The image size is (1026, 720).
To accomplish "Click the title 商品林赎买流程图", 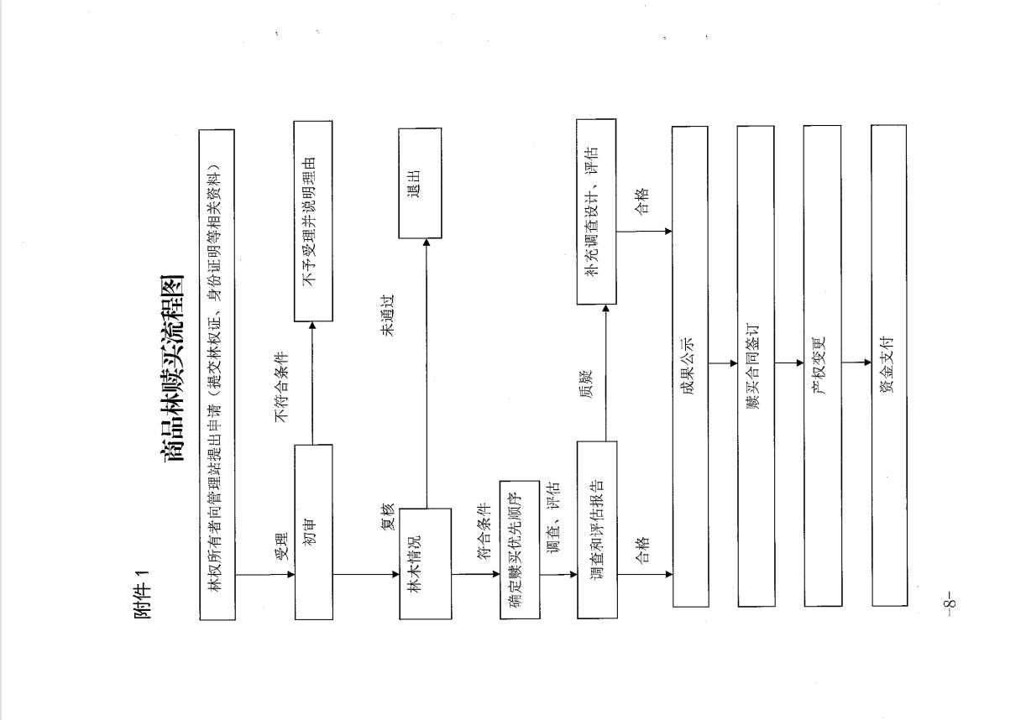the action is point(172,368).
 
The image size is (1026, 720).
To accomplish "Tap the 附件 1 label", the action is point(143,595).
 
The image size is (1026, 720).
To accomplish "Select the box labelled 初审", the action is point(313,532).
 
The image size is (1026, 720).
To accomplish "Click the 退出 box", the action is point(420,183).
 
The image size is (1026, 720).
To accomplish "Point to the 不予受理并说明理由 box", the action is point(313,221).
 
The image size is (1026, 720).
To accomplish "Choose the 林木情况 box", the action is point(425,564).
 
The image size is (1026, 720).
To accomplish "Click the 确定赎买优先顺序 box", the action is point(520,550).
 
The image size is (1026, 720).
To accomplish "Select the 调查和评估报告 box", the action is point(597,530).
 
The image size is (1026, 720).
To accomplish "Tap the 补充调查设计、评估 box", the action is point(596,211).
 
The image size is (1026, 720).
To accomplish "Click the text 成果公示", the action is point(688,366).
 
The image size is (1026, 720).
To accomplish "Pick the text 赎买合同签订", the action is point(753,366).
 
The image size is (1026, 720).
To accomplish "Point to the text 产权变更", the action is point(819,366).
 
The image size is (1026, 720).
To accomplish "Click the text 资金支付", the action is point(887,365).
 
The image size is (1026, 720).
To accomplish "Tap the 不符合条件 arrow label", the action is point(281,387).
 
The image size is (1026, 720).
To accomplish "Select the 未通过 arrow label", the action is point(388,316).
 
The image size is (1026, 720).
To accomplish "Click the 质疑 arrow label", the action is point(586,384).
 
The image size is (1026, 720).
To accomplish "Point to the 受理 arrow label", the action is point(281,546).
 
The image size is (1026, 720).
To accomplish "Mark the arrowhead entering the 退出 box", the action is point(427,243).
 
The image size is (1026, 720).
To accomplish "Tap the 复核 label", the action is point(388,517).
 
